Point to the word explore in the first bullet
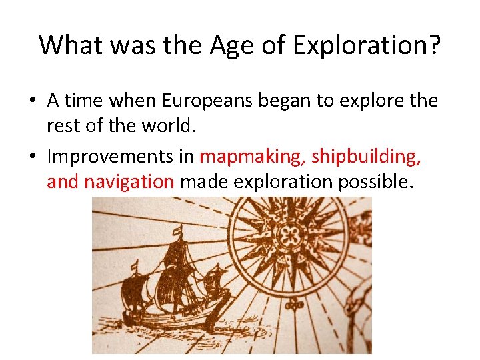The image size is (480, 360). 379,101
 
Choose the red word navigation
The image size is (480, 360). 128,181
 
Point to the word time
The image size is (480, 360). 85,101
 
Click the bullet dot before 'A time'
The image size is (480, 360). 32,101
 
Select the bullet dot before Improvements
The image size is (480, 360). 32,157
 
